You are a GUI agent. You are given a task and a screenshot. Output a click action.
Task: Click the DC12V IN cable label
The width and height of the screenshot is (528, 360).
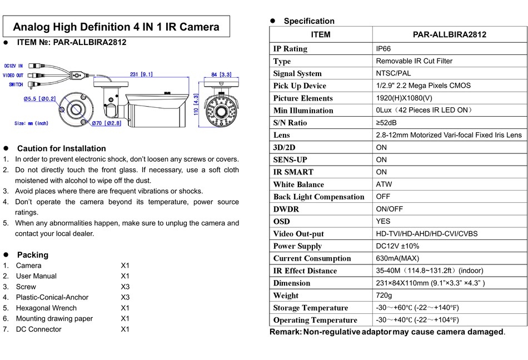click(13, 66)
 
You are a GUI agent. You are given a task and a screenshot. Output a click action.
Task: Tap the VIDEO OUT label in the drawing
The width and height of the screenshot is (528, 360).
click(13, 75)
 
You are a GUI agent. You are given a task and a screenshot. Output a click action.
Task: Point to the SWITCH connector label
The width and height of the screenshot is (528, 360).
click(16, 85)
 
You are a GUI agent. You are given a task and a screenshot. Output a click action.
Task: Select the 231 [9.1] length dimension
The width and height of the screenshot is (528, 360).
click(141, 74)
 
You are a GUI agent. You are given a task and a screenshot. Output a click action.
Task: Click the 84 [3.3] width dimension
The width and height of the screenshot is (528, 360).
click(221, 74)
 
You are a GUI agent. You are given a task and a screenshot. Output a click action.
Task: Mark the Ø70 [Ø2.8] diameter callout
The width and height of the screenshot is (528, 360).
click(106, 123)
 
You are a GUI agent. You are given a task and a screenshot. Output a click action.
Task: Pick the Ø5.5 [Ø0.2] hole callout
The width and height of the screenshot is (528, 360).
click(39, 98)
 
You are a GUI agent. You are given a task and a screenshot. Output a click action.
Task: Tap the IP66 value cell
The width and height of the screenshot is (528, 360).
click(383, 49)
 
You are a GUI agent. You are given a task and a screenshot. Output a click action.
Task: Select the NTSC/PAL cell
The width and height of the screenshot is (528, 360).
click(393, 73)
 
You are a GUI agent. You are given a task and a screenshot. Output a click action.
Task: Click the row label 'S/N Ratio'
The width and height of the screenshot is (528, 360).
click(290, 123)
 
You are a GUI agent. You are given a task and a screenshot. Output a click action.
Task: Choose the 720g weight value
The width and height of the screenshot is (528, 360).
click(384, 296)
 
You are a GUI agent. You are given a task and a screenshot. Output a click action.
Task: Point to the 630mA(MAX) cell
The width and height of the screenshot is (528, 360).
click(397, 258)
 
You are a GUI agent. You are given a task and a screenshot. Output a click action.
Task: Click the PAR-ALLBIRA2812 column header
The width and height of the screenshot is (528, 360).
click(449, 34)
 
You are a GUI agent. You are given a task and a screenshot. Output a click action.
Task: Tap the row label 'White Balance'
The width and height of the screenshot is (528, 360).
click(298, 184)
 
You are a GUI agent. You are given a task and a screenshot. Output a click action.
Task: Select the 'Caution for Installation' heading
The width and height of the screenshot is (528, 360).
click(61, 148)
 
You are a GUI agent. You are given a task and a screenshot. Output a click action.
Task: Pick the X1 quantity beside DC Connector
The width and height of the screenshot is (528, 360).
click(125, 329)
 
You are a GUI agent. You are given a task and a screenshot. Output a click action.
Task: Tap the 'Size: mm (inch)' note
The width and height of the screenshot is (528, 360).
click(31, 123)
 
